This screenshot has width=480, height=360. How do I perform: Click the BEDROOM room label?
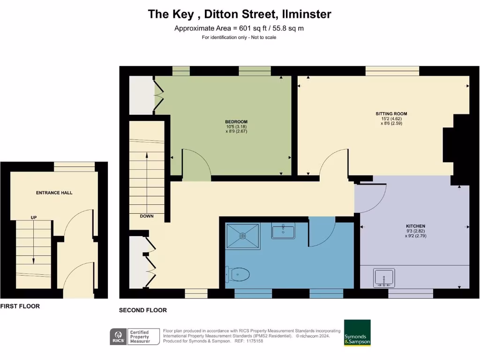pyautogui.click(x=236, y=122)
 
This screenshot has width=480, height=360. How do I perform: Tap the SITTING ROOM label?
pyautogui.click(x=391, y=114)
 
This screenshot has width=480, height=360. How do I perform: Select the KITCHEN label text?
pyautogui.click(x=416, y=226)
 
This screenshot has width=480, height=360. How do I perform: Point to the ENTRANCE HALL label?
pyautogui.click(x=54, y=193)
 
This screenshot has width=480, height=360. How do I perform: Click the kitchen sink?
pyautogui.click(x=384, y=277)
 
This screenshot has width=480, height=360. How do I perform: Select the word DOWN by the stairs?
pyautogui.click(x=146, y=216)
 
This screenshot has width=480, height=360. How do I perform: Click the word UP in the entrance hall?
pyautogui.click(x=34, y=217)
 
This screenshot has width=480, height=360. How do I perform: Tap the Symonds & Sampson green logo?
pyautogui.click(x=357, y=333)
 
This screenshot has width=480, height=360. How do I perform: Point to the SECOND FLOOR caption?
pyautogui.click(x=143, y=310)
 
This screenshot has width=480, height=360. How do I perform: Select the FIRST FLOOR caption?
pyautogui.click(x=20, y=306)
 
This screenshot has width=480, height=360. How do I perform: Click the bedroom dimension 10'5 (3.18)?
pyautogui.click(x=236, y=127)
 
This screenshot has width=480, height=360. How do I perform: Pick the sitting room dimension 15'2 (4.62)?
pyautogui.click(x=391, y=119)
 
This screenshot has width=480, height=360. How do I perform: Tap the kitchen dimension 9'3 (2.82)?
pyautogui.click(x=416, y=231)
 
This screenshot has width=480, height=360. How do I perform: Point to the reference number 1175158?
pyautogui.click(x=254, y=341)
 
